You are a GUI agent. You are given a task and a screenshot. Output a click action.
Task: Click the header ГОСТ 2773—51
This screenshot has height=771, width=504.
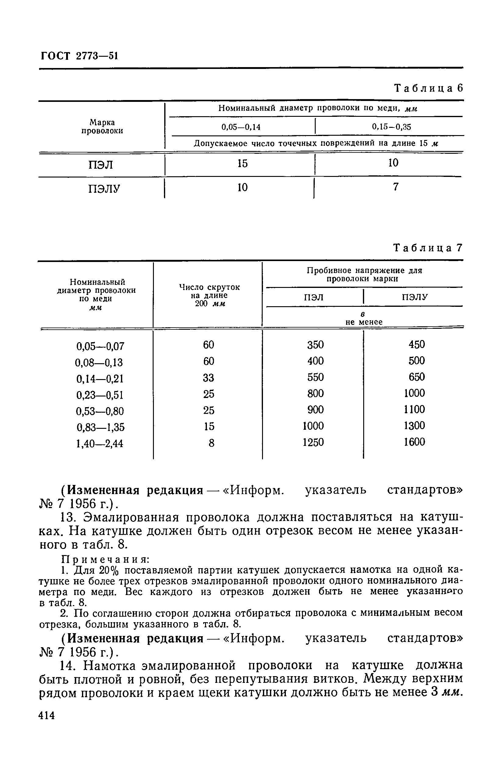point(79,56)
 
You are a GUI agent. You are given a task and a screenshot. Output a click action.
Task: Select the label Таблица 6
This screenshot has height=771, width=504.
point(428,88)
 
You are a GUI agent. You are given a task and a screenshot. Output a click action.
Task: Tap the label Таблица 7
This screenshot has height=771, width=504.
point(428,248)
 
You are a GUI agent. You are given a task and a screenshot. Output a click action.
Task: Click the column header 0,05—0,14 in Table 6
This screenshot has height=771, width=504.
point(241,127)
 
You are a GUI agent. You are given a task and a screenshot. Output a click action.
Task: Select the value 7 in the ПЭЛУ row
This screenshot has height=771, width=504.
point(395,187)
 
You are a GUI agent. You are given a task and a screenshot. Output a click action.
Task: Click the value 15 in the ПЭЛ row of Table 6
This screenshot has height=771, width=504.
point(242,163)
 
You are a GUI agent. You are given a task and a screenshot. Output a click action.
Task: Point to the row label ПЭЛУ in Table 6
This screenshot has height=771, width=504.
point(104,188)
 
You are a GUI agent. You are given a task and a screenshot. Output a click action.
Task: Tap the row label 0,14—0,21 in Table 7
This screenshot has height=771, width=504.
point(100,379)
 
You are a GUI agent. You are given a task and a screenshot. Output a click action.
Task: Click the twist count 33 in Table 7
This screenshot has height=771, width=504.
point(208,378)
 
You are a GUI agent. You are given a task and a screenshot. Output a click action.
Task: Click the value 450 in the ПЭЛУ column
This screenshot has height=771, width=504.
point(416,344)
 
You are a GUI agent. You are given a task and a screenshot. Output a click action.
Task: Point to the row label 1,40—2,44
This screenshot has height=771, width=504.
point(100,443)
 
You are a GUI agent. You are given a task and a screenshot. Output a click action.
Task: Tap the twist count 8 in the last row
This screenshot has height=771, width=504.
point(211,443)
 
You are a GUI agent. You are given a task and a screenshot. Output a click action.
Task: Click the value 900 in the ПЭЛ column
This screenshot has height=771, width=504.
point(315,410)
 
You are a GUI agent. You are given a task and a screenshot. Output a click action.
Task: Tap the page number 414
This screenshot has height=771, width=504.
point(47,715)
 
